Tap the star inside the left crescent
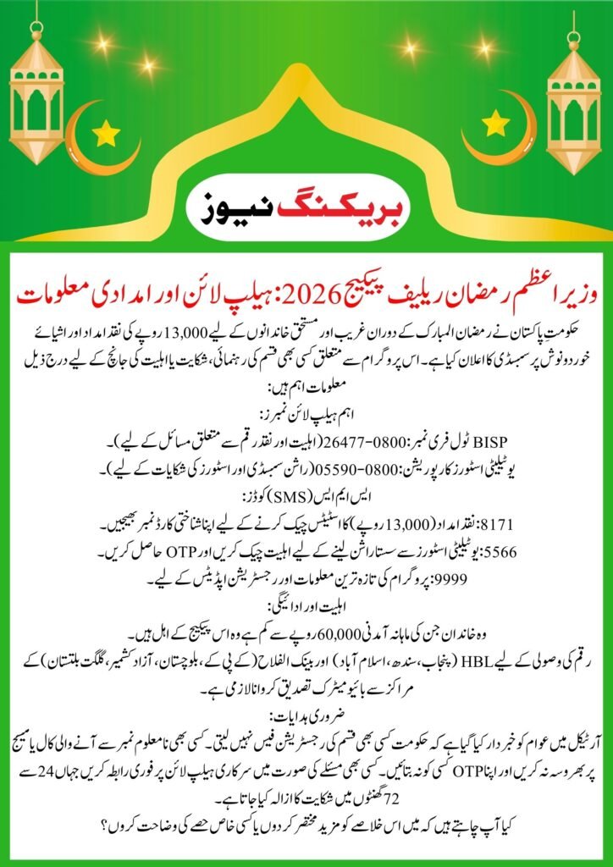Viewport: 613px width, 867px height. pos(106,133)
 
